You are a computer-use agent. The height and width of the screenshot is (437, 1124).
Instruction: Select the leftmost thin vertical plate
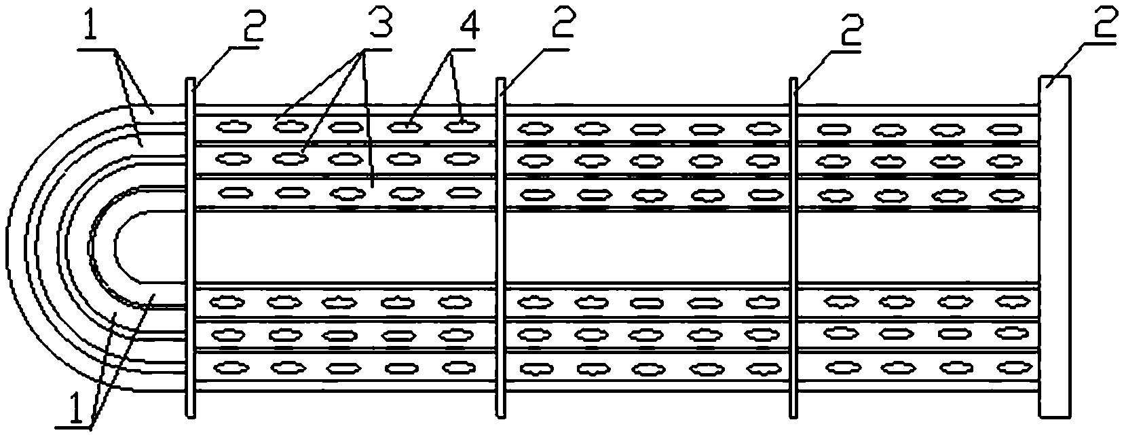click(x=191, y=247)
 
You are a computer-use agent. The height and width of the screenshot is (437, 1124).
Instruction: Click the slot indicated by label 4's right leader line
click(x=462, y=126)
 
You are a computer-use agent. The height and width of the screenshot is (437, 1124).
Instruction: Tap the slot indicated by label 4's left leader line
click(x=405, y=126)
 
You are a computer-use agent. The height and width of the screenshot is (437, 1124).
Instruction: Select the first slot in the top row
click(x=231, y=126)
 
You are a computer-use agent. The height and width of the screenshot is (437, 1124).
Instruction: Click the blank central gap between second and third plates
click(x=646, y=247)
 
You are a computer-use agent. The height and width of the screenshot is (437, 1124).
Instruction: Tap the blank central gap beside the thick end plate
click(x=916, y=247)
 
